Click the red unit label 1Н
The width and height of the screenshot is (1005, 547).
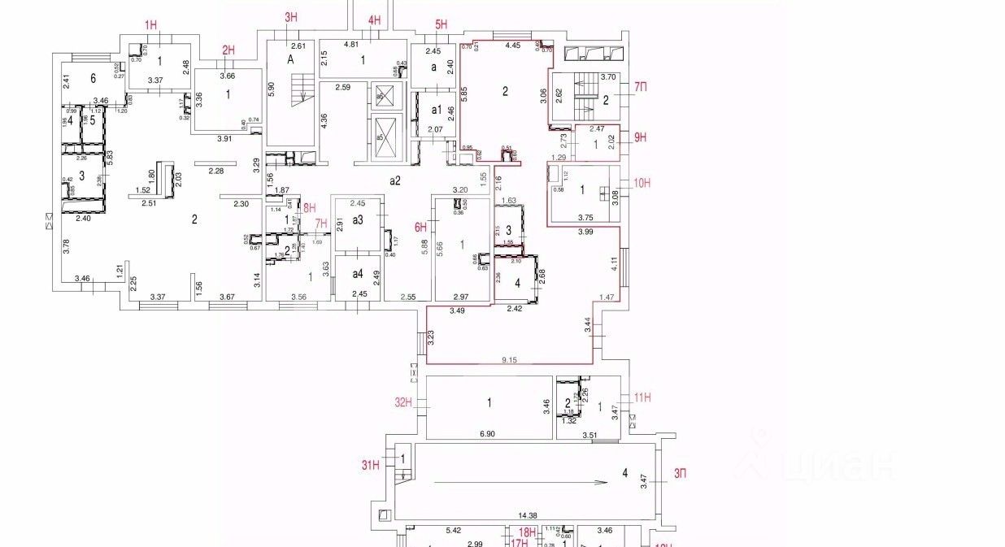point(151,25)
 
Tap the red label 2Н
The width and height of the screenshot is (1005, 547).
point(228,50)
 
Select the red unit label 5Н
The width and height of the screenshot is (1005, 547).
point(442,24)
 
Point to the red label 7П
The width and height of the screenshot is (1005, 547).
point(641,86)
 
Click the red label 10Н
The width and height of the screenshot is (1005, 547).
point(642,183)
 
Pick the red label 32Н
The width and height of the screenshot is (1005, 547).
point(404,402)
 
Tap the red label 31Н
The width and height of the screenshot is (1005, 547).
point(371,465)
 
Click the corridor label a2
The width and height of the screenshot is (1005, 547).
point(395,180)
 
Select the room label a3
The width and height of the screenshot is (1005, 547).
point(357,220)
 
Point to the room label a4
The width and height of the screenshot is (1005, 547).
point(357,273)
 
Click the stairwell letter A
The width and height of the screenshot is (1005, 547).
point(289,59)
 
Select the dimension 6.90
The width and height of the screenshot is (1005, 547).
point(487,434)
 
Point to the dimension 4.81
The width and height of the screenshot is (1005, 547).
point(352,45)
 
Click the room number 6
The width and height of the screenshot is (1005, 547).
point(94,77)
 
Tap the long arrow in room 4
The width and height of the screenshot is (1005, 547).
point(521,482)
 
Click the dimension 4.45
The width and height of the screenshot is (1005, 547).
point(512,46)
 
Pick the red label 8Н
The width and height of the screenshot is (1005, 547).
point(309,207)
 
